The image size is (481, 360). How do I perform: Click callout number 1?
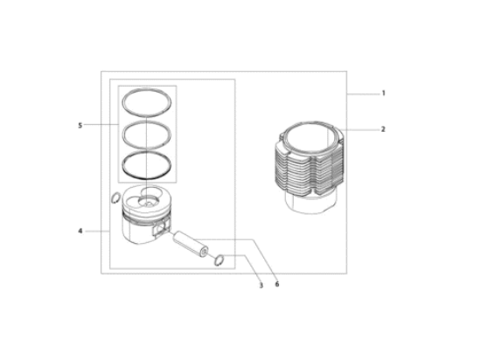tap(383, 93)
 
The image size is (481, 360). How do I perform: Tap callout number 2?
tap(383, 129)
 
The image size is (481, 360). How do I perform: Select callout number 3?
tap(261, 286)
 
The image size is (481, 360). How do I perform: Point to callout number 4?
tap(80, 231)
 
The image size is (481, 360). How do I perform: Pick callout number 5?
tap(80, 125)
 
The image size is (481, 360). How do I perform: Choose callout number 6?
tap(277, 284)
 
